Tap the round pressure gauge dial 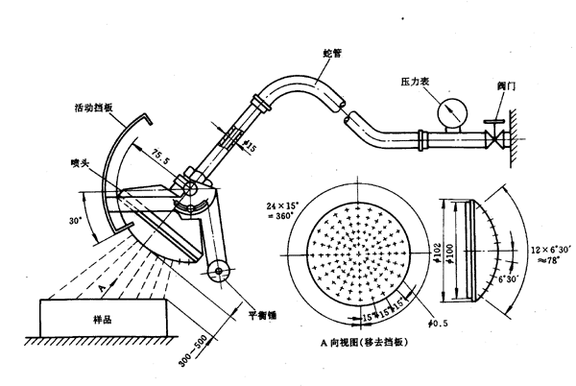point(448,114)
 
